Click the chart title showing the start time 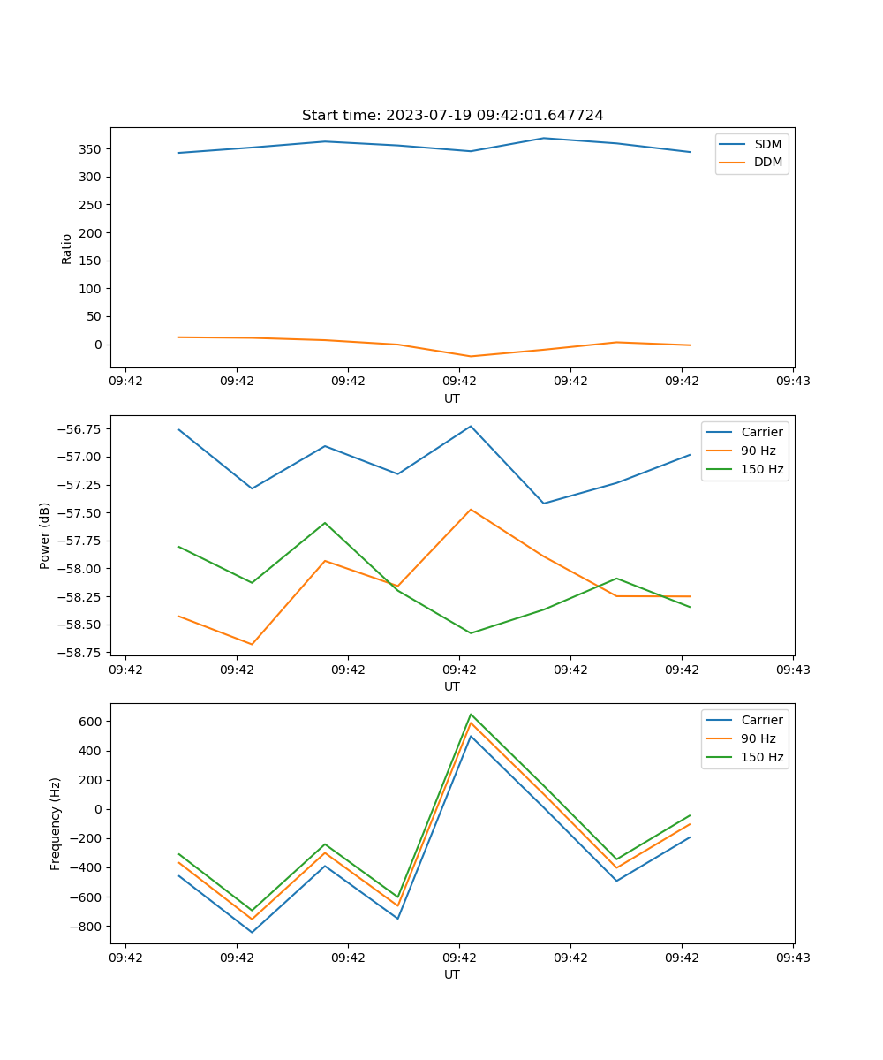click(452, 116)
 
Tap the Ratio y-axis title click(67, 248)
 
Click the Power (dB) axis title click(45, 535)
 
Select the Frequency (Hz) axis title click(56, 823)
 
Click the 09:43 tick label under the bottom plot click(792, 958)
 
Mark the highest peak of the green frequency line click(471, 714)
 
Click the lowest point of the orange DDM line click(471, 356)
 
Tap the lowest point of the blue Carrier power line click(543, 503)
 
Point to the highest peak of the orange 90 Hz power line click(471, 509)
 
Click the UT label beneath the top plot click(452, 398)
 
